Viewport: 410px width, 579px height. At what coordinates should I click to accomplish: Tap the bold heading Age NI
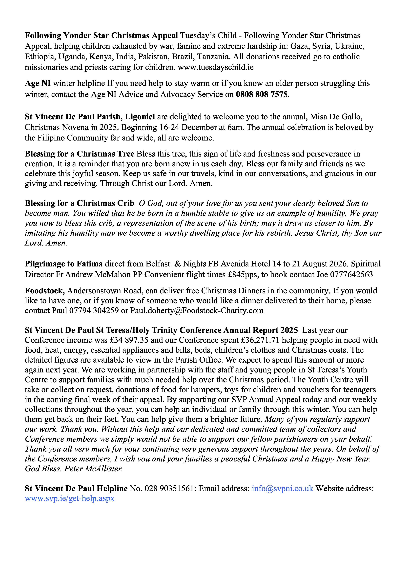[x=38, y=83]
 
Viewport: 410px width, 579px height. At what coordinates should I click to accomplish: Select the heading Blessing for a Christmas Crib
[x=80, y=203]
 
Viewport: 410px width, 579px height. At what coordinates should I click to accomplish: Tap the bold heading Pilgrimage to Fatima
[x=64, y=264]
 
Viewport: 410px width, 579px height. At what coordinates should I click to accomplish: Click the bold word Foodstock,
[x=45, y=291]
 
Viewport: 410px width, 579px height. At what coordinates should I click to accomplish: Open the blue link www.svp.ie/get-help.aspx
[x=70, y=498]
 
